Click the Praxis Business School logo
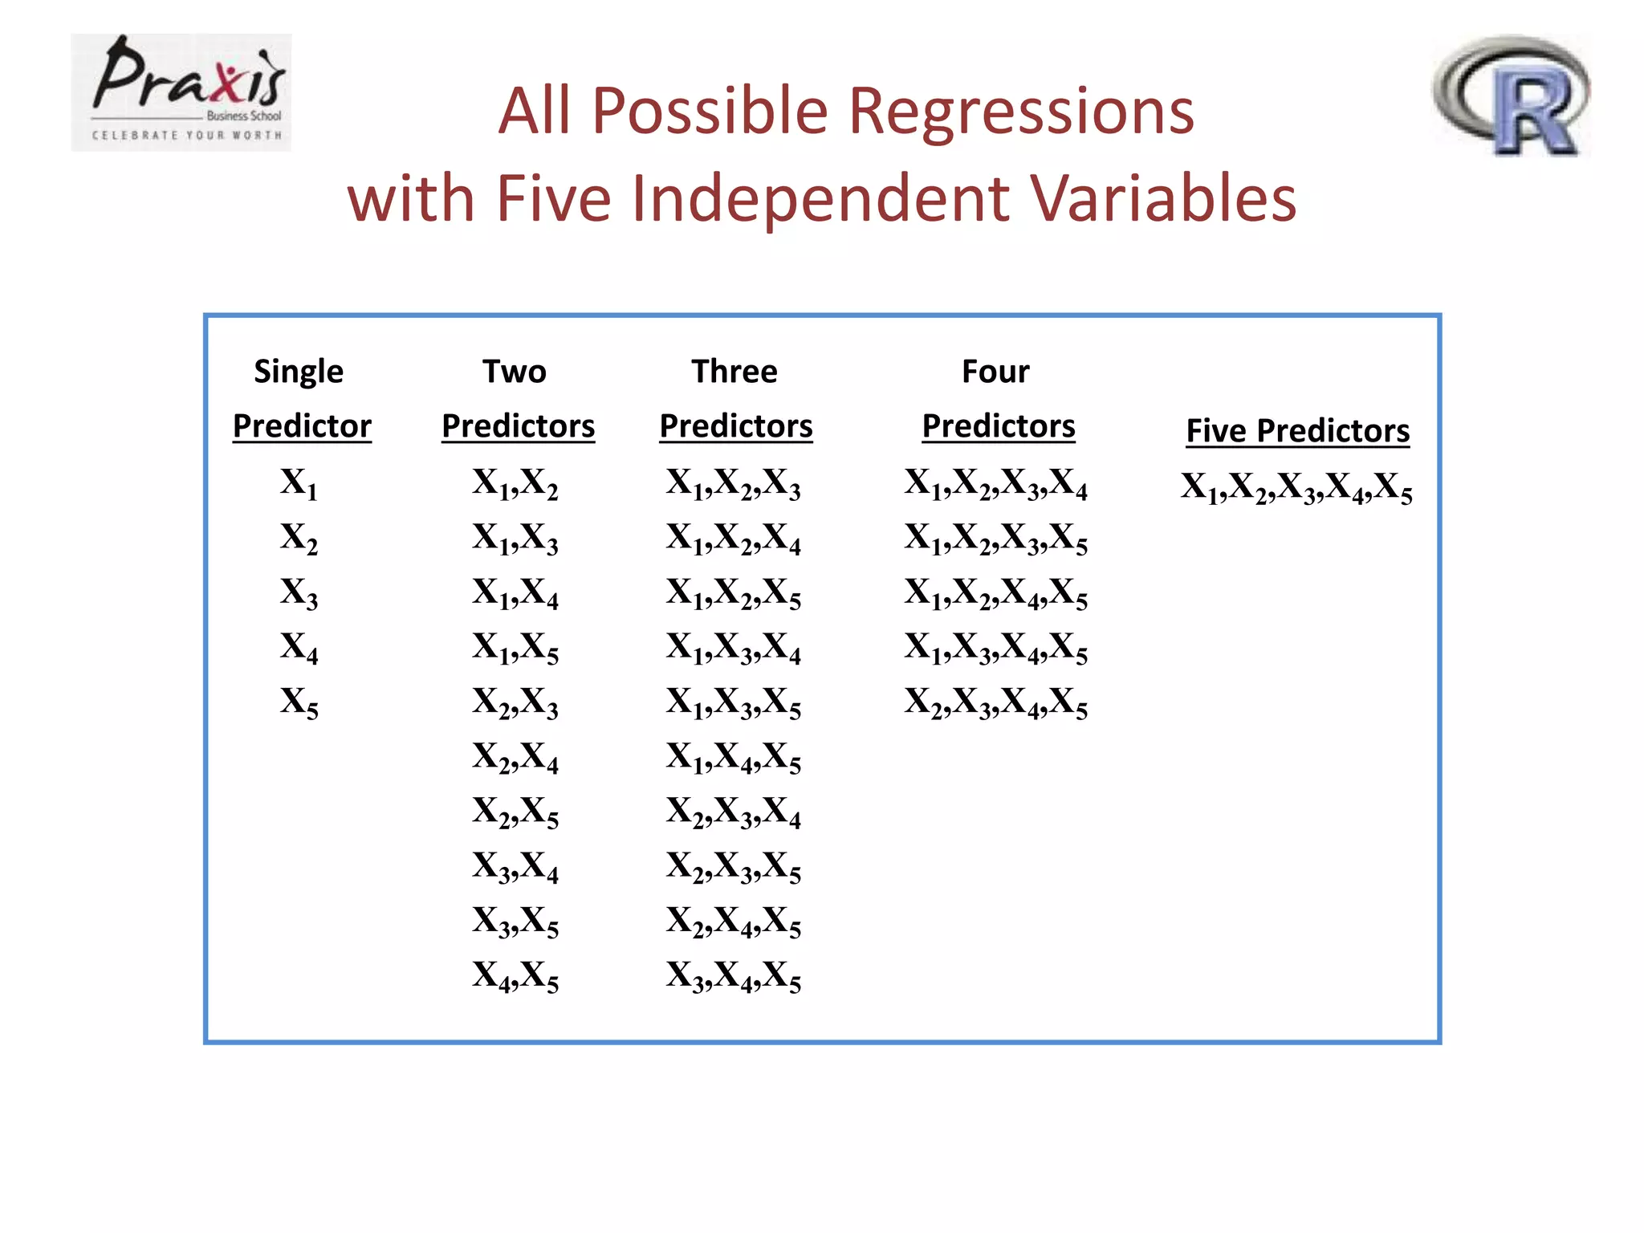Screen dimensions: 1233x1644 (181, 92)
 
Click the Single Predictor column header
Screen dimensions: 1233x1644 (301, 399)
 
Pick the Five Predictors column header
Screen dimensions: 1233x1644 (1297, 431)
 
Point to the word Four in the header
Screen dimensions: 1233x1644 (995, 372)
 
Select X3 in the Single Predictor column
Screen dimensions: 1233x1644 (299, 593)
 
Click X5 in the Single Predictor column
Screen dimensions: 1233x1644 (299, 702)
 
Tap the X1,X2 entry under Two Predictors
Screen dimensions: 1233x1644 (515, 484)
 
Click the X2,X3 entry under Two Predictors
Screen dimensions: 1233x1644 (515, 702)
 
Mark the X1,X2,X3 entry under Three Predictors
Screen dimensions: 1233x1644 (733, 484)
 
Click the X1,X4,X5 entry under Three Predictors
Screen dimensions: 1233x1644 (733, 758)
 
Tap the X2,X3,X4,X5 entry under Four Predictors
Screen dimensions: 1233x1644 (995, 702)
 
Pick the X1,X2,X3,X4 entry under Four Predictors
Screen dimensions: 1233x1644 (995, 484)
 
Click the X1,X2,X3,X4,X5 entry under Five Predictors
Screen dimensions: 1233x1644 (1296, 488)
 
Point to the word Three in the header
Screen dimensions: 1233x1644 (734, 372)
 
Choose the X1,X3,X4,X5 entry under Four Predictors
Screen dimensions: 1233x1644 (995, 648)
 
